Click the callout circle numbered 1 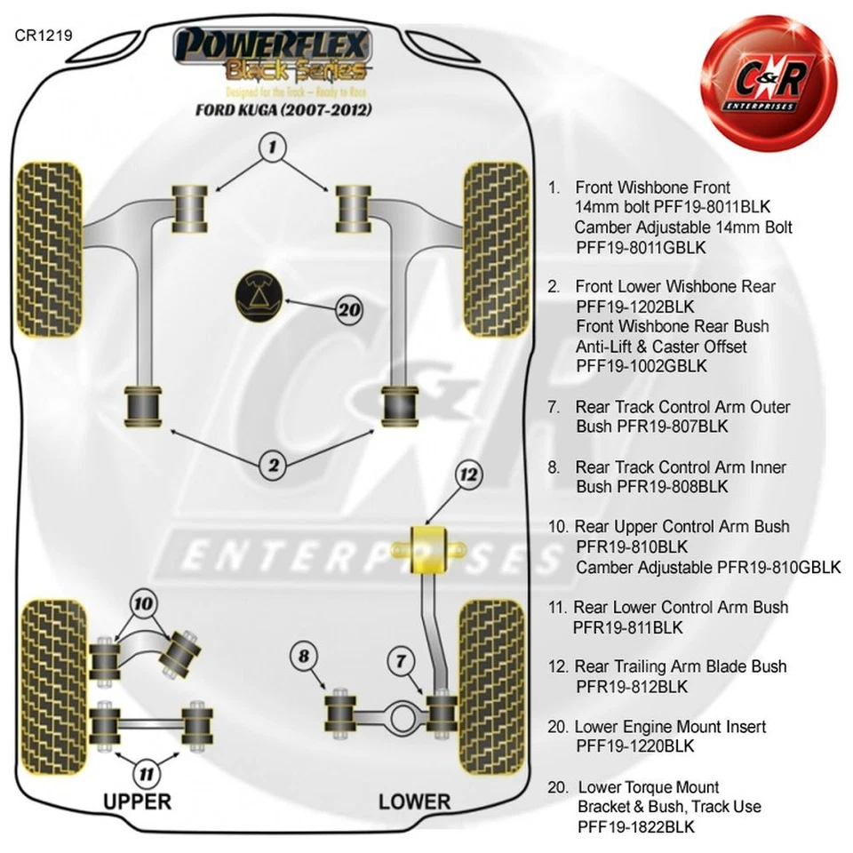tap(273, 147)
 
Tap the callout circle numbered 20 tap(349, 310)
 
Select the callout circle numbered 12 tap(468, 475)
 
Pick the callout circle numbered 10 tap(142, 604)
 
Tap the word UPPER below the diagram tap(137, 801)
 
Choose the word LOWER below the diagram tap(414, 801)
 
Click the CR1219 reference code tap(43, 36)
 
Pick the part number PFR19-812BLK tap(631, 687)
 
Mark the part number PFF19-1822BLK tap(635, 827)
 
